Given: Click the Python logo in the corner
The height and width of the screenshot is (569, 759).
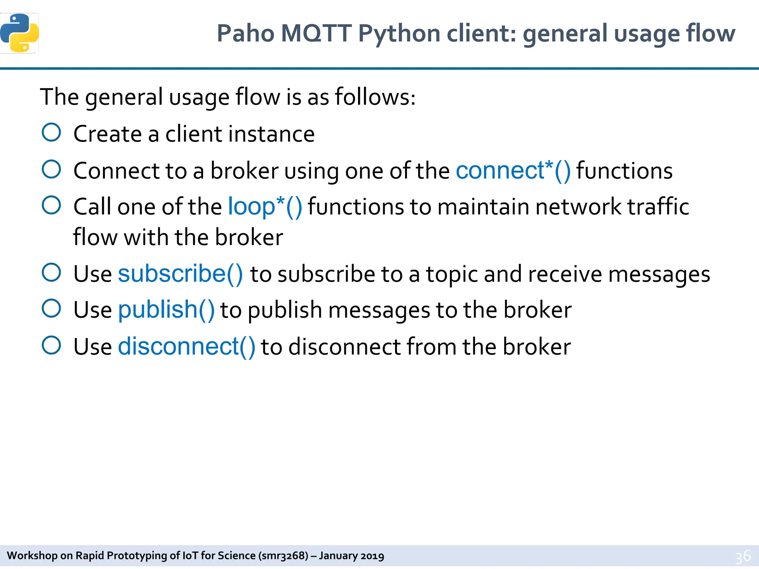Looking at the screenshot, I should pyautogui.click(x=20, y=33).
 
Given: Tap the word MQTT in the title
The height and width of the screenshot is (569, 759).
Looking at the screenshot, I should pyautogui.click(x=316, y=34).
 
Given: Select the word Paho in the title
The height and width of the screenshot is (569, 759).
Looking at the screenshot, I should pyautogui.click(x=245, y=34).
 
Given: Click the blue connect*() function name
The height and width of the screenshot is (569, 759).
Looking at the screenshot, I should pyautogui.click(x=513, y=171).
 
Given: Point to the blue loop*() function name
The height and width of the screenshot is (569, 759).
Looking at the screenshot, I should pyautogui.click(x=265, y=206).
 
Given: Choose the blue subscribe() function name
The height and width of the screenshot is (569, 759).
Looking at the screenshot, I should pyautogui.click(x=180, y=274).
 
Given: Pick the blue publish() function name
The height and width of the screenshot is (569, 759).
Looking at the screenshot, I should pyautogui.click(x=166, y=310).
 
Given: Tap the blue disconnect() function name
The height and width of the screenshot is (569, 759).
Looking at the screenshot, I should pyautogui.click(x=186, y=347).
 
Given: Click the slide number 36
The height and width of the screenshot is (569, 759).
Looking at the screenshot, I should pyautogui.click(x=743, y=556).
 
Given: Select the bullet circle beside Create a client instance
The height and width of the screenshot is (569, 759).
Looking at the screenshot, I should pyautogui.click(x=52, y=133).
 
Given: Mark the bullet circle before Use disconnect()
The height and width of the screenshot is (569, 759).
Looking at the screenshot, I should pyautogui.click(x=52, y=346).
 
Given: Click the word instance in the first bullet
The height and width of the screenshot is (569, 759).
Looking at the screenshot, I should pyautogui.click(x=272, y=134).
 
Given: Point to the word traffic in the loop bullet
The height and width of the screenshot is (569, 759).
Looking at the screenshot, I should pyautogui.click(x=658, y=207).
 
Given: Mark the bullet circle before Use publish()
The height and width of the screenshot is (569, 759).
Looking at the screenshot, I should pyautogui.click(x=52, y=309).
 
